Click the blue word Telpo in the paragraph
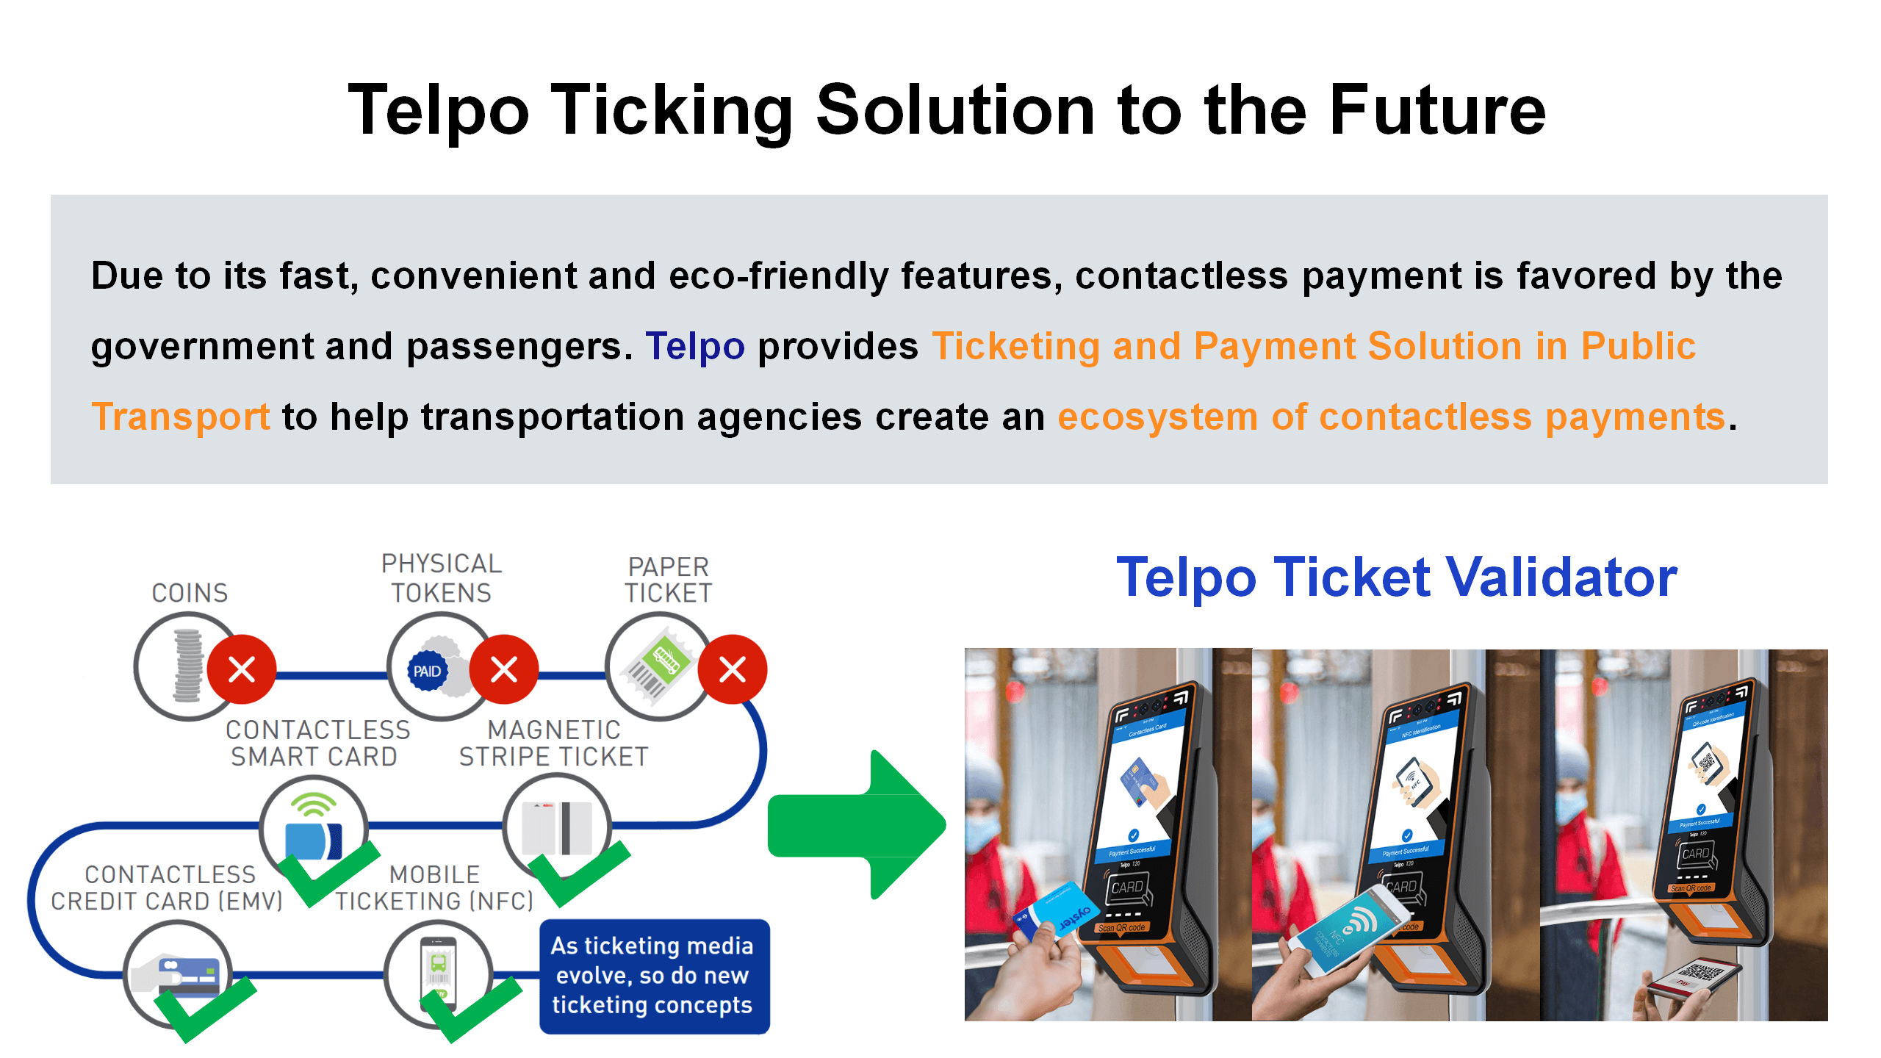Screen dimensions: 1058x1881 (x=694, y=346)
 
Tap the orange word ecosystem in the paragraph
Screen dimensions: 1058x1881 (x=1157, y=417)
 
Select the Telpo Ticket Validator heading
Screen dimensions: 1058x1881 (x=1396, y=577)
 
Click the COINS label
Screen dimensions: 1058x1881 (x=190, y=593)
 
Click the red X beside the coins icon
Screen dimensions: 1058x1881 (x=242, y=669)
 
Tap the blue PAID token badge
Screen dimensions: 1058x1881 (x=427, y=671)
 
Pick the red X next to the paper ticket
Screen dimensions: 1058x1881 (x=732, y=669)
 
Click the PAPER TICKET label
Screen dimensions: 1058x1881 (x=668, y=580)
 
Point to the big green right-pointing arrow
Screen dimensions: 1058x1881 (x=856, y=824)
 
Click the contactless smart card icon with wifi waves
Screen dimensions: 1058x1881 (x=313, y=827)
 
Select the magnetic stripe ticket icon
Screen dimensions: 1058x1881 (x=557, y=827)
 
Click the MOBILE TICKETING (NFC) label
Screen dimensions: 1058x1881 (x=434, y=888)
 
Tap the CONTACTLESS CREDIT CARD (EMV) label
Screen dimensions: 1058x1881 (x=168, y=888)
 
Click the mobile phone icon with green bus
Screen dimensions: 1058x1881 (x=438, y=971)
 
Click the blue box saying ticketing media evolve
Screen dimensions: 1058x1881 (x=653, y=976)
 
